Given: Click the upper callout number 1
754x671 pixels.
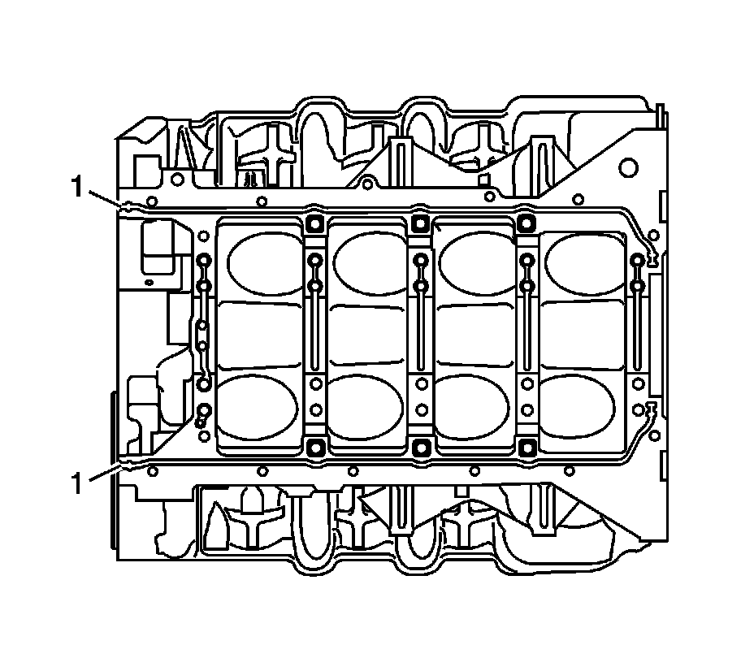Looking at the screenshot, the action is [x=77, y=187].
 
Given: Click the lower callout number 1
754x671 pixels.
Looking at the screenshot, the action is [x=77, y=483].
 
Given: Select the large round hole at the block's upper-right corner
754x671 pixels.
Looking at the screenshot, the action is [x=629, y=167].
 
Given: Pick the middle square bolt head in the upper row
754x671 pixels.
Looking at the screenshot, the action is [x=421, y=223].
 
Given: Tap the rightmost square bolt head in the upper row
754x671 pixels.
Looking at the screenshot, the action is [x=527, y=223].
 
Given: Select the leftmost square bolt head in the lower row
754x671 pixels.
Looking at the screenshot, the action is [x=315, y=448].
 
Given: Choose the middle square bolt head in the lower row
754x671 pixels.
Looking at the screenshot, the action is [x=421, y=448].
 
